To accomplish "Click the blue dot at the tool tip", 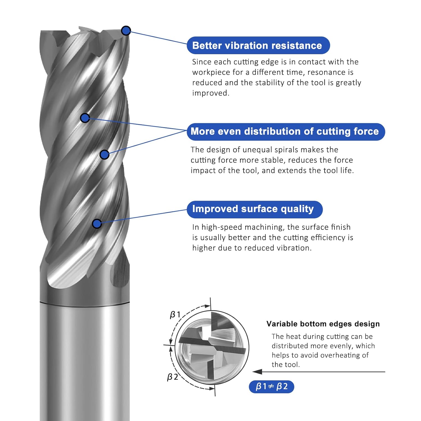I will (126, 30).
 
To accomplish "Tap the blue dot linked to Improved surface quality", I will (97, 224).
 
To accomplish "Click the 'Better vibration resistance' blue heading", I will (258, 45).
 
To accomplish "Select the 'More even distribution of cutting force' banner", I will (285, 132).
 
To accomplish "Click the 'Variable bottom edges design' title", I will (323, 324).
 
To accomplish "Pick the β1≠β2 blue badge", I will (271, 386).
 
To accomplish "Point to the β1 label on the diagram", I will (175, 315).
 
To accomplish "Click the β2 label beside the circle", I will (172, 377).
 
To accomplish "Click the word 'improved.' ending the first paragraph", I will (210, 93).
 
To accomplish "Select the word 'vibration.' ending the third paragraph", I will (294, 248).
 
